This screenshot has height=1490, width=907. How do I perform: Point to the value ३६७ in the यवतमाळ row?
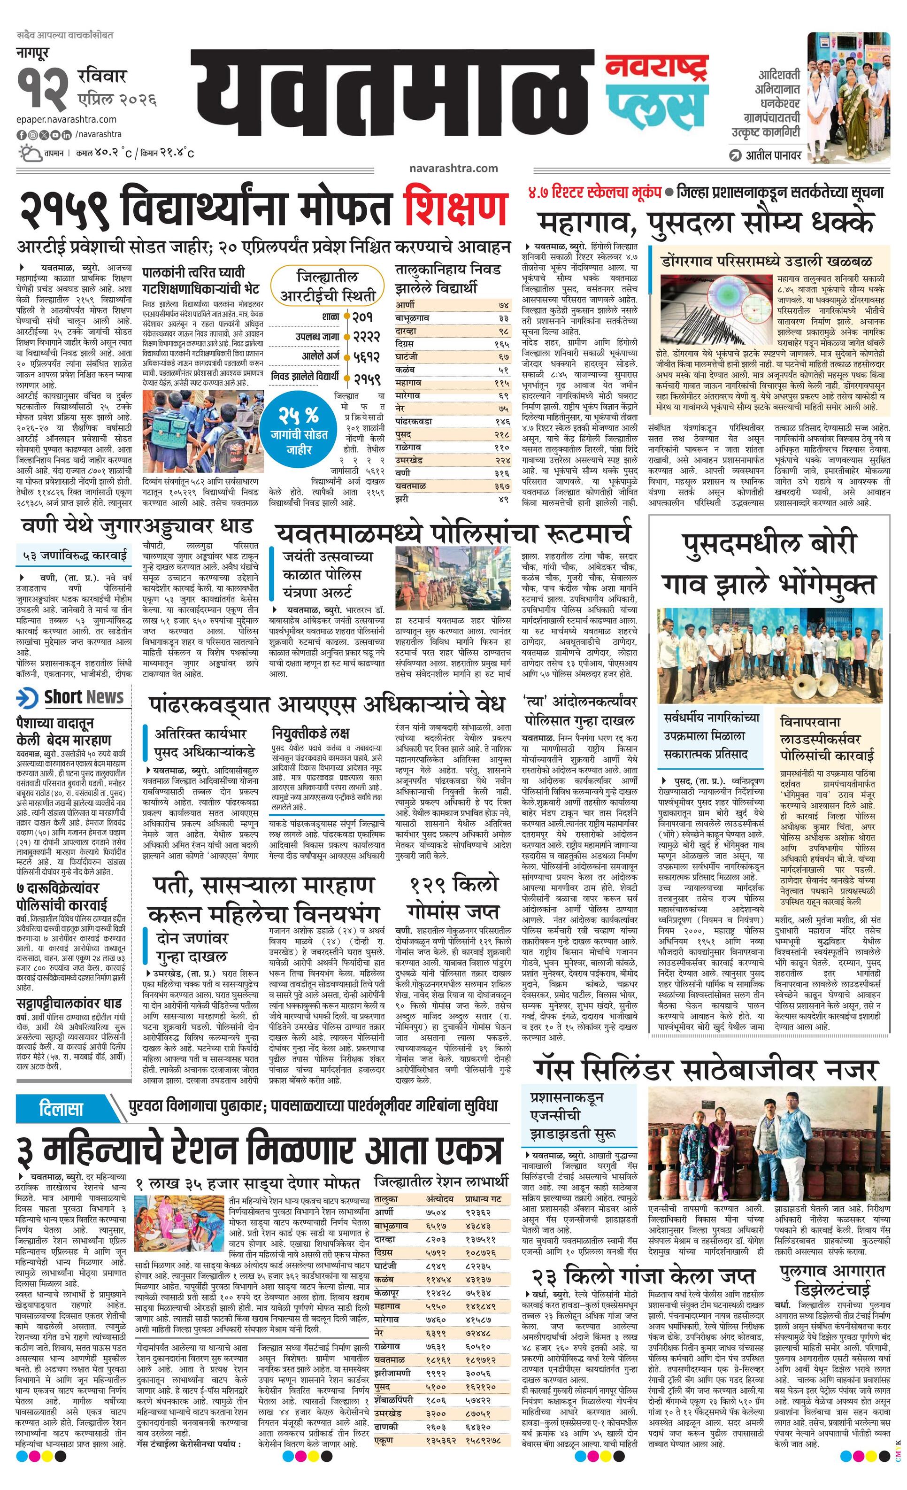[502, 486]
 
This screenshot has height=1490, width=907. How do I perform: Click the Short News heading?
[84, 697]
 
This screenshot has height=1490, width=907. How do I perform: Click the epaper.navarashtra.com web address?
[67, 120]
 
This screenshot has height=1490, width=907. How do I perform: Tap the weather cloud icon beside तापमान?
[29, 153]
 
